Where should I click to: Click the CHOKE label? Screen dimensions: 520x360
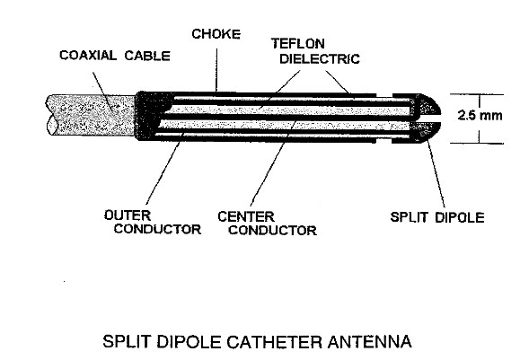click(216, 34)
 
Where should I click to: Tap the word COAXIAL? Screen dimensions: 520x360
click(88, 56)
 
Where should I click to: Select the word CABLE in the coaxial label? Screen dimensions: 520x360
click(147, 56)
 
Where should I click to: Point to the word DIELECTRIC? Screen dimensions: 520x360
click(320, 58)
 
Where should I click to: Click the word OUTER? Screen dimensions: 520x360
click(128, 215)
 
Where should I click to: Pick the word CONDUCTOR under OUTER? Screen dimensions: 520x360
click(157, 229)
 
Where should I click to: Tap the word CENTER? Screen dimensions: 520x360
click(246, 216)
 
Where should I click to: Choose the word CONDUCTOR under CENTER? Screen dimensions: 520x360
click(272, 231)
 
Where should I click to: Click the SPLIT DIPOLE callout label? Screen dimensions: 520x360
click(437, 217)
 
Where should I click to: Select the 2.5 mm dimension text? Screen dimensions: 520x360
click(480, 115)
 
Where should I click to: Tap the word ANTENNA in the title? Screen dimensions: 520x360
click(370, 342)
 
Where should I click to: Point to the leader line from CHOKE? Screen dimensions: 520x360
click(216, 70)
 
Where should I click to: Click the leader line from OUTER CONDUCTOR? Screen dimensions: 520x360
click(163, 171)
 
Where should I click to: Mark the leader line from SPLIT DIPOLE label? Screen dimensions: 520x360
click(436, 173)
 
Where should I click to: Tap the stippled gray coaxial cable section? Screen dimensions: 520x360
click(92, 115)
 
